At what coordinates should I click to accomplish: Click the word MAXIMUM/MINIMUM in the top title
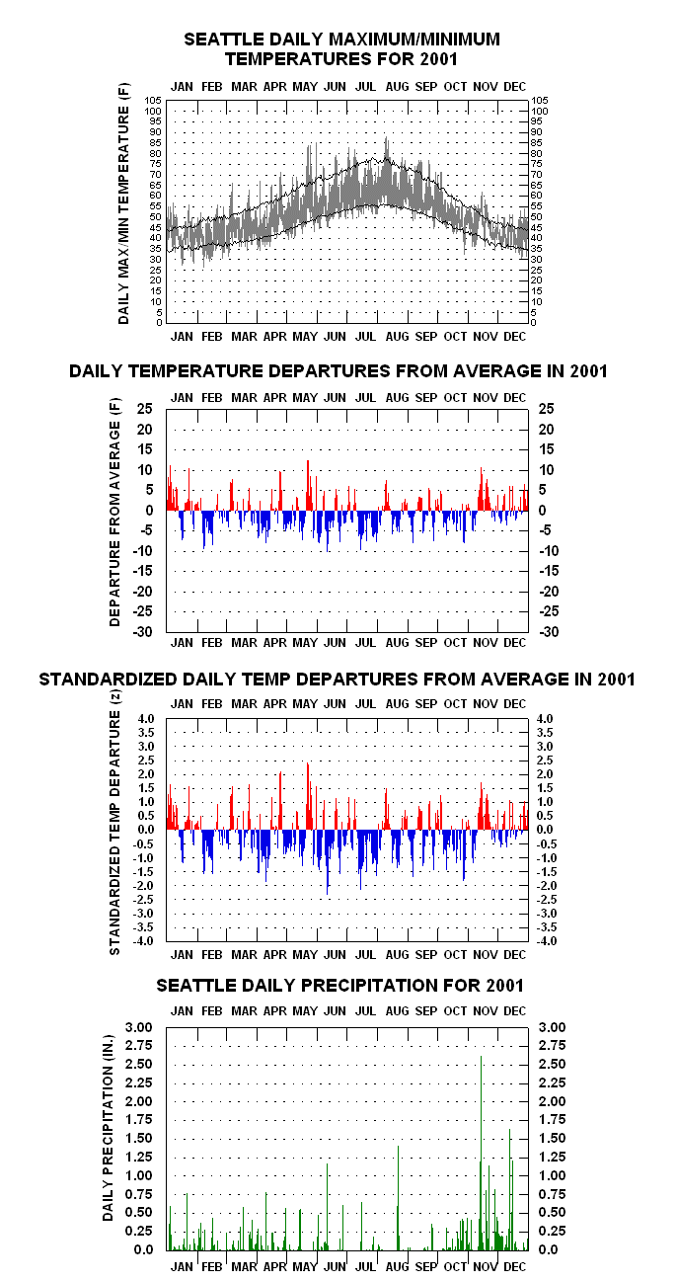point(414,40)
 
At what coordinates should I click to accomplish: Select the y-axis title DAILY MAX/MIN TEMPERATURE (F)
point(124,203)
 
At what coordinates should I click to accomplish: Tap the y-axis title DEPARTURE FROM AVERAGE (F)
point(114,513)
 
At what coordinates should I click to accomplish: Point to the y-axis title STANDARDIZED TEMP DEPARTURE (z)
point(114,823)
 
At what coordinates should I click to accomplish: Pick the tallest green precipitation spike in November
point(481,1153)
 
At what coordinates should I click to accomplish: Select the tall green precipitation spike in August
point(398,1198)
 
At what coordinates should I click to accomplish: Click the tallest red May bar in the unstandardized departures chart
point(308,485)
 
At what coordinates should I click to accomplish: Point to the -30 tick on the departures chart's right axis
point(549,632)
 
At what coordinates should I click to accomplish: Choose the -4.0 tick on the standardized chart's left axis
point(143,941)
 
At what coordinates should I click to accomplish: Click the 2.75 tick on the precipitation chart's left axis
point(139,1046)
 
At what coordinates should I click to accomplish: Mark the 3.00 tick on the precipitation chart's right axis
point(552,1027)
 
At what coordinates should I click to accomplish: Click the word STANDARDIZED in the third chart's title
point(109,680)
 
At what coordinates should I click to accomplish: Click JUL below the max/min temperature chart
point(365,337)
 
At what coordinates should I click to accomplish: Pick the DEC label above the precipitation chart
point(514,1011)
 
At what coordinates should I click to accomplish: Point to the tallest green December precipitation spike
point(509,1190)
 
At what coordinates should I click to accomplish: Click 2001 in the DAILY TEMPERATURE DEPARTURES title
point(588,371)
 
